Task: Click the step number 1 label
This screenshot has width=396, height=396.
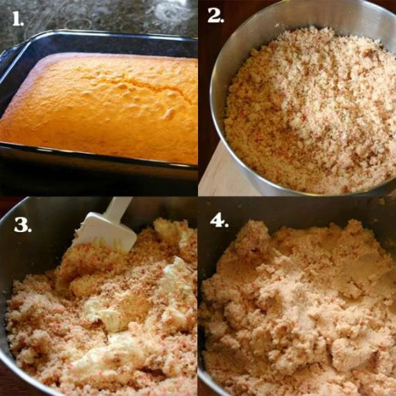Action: [x=17, y=19]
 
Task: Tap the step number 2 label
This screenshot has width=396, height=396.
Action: [x=215, y=15]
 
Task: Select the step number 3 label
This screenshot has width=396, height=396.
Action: [x=23, y=224]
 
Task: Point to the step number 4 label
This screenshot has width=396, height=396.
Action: [x=220, y=221]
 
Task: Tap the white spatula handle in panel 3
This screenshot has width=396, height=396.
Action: [x=119, y=207]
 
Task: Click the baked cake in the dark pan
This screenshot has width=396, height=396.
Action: [x=101, y=106]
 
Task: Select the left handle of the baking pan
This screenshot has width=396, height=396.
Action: [x=11, y=60]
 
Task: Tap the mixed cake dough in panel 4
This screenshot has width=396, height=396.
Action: [x=298, y=308]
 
